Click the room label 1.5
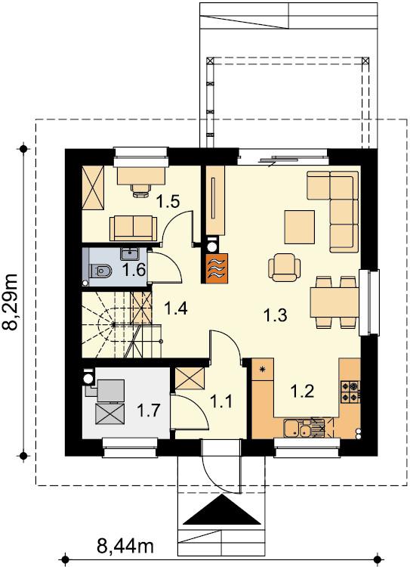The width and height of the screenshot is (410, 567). click(x=168, y=201)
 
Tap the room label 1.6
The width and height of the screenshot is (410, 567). click(x=134, y=270)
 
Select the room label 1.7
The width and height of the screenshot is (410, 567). click(x=148, y=410)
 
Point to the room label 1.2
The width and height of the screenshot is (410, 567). click(x=302, y=391)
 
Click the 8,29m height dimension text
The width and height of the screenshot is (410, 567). click(x=11, y=302)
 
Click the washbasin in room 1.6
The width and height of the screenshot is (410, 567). click(x=129, y=254)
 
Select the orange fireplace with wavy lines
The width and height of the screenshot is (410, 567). click(x=217, y=268)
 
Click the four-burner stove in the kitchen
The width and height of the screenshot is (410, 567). click(x=350, y=392)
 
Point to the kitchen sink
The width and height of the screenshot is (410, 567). click(x=297, y=428)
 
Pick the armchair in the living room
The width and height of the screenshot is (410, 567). click(x=285, y=267)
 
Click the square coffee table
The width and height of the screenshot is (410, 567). click(x=300, y=227)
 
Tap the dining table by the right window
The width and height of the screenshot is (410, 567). click(x=334, y=302)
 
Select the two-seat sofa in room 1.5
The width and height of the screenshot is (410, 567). click(x=134, y=228)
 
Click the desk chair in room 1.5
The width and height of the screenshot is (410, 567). click(x=141, y=190)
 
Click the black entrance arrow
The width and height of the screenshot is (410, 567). click(x=222, y=510)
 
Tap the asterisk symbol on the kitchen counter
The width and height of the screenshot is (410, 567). click(x=263, y=369)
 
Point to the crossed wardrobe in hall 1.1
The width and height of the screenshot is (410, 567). click(x=190, y=379)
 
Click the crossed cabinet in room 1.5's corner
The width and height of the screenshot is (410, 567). click(x=93, y=187)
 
